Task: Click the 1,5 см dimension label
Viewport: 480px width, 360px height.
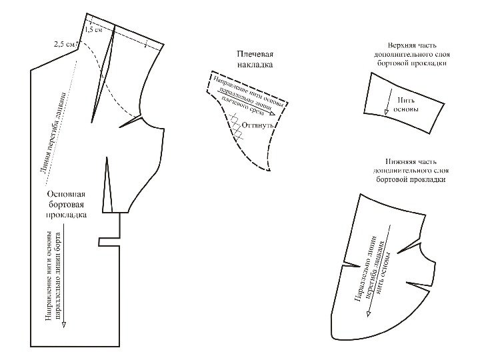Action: [x=94, y=30]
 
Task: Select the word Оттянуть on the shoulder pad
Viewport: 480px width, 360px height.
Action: [x=256, y=125]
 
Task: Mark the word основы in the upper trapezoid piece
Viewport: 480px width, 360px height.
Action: [x=406, y=108]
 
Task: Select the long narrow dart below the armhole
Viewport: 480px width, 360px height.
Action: [x=108, y=183]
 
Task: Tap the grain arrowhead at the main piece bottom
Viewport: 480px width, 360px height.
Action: [x=65, y=327]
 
